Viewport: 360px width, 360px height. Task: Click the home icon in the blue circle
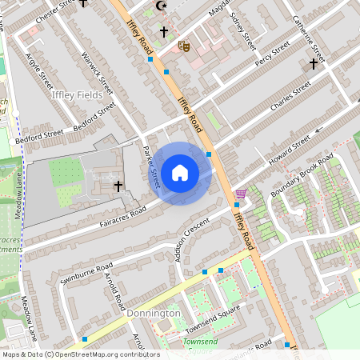click(180, 173)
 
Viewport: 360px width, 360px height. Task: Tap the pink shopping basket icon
click(241, 194)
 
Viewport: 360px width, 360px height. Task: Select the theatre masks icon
click(183, 47)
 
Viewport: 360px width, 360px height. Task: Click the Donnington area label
click(154, 314)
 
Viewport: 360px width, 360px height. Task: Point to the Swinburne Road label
click(86, 274)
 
